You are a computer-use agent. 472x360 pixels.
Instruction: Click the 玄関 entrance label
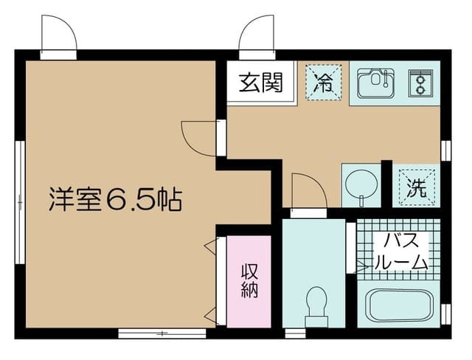(260, 82)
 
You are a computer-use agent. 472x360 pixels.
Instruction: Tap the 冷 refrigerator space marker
(324, 82)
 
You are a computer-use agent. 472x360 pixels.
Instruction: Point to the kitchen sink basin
(376, 83)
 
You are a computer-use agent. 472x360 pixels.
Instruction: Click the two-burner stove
(420, 83)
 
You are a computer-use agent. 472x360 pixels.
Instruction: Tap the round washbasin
(361, 184)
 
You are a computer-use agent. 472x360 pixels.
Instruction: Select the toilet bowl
(316, 305)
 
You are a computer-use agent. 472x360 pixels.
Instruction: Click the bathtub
(398, 305)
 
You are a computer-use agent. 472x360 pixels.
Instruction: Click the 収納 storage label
(249, 282)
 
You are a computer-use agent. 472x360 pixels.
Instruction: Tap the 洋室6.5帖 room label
(115, 200)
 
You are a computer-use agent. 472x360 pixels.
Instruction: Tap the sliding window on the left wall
(20, 203)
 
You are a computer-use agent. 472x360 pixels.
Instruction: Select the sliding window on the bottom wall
(162, 333)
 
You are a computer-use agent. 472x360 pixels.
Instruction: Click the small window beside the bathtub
(445, 314)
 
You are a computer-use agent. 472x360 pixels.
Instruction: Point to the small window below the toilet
(295, 333)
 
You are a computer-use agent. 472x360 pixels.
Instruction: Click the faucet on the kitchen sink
(386, 80)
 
